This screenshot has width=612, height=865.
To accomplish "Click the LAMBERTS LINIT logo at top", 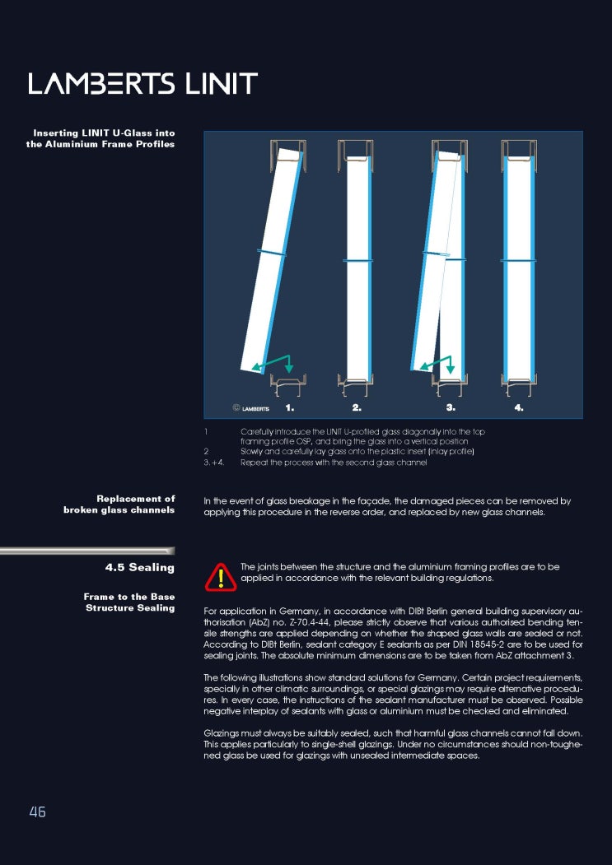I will pos(143,84).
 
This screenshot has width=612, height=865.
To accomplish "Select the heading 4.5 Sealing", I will pos(140,568).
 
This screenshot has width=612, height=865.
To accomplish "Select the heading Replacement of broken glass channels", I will pos(119,504).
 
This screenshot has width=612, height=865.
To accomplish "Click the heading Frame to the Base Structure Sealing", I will pos(129,602).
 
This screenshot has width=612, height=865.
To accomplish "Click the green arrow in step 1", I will pos(276,362).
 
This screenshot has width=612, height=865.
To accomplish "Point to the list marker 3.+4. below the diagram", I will pos(214,463).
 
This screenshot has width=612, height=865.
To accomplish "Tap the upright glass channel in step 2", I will pos(357,263).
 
